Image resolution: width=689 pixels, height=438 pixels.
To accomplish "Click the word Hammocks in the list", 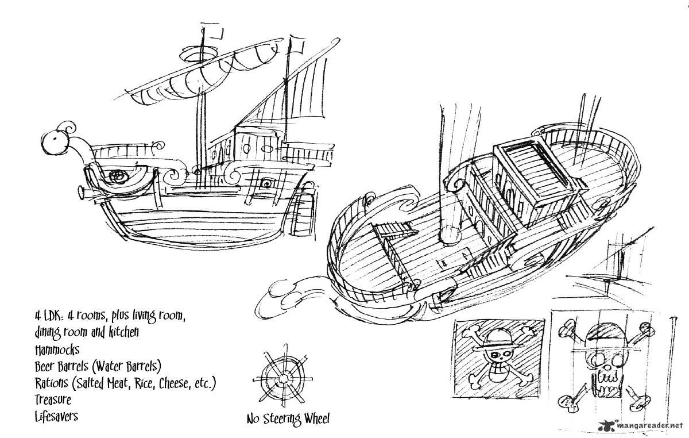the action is click(x=57, y=350).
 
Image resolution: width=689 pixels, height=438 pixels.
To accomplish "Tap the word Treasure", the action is click(x=53, y=400).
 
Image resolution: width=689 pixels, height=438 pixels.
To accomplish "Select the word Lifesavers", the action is click(x=56, y=416).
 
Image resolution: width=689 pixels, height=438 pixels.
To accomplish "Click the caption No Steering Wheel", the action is click(x=288, y=419).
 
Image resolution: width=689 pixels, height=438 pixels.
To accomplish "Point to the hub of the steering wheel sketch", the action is click(x=284, y=378).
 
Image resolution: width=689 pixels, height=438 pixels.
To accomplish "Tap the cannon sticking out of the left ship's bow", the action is click(x=89, y=193).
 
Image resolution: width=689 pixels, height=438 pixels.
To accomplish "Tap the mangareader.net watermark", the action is click(x=640, y=426).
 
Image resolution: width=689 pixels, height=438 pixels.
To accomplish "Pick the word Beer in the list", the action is click(x=45, y=367).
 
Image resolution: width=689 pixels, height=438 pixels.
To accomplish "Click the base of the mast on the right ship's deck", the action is click(x=451, y=235).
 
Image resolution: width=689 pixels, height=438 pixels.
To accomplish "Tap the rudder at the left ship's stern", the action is click(x=303, y=213).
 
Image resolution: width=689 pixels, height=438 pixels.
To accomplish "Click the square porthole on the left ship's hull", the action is click(x=266, y=184).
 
